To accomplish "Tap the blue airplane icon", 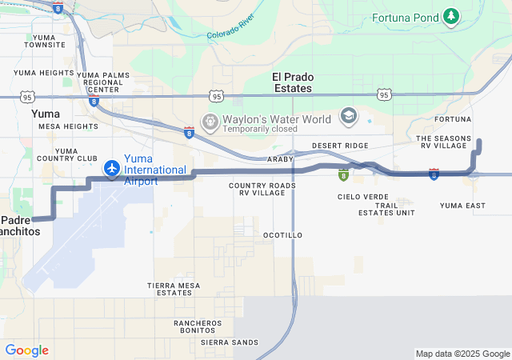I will [x=111, y=168].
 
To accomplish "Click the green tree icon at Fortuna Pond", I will [x=452, y=15].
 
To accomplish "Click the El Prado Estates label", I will [x=293, y=82].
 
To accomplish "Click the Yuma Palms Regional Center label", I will [x=102, y=82].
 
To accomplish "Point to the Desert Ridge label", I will [x=340, y=146].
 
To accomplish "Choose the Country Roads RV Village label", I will [x=262, y=190].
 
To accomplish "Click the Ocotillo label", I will [x=282, y=235].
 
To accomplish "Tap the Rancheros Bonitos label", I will [x=198, y=327].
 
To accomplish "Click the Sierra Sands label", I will [x=230, y=342].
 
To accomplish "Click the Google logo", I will [x=26, y=350].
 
